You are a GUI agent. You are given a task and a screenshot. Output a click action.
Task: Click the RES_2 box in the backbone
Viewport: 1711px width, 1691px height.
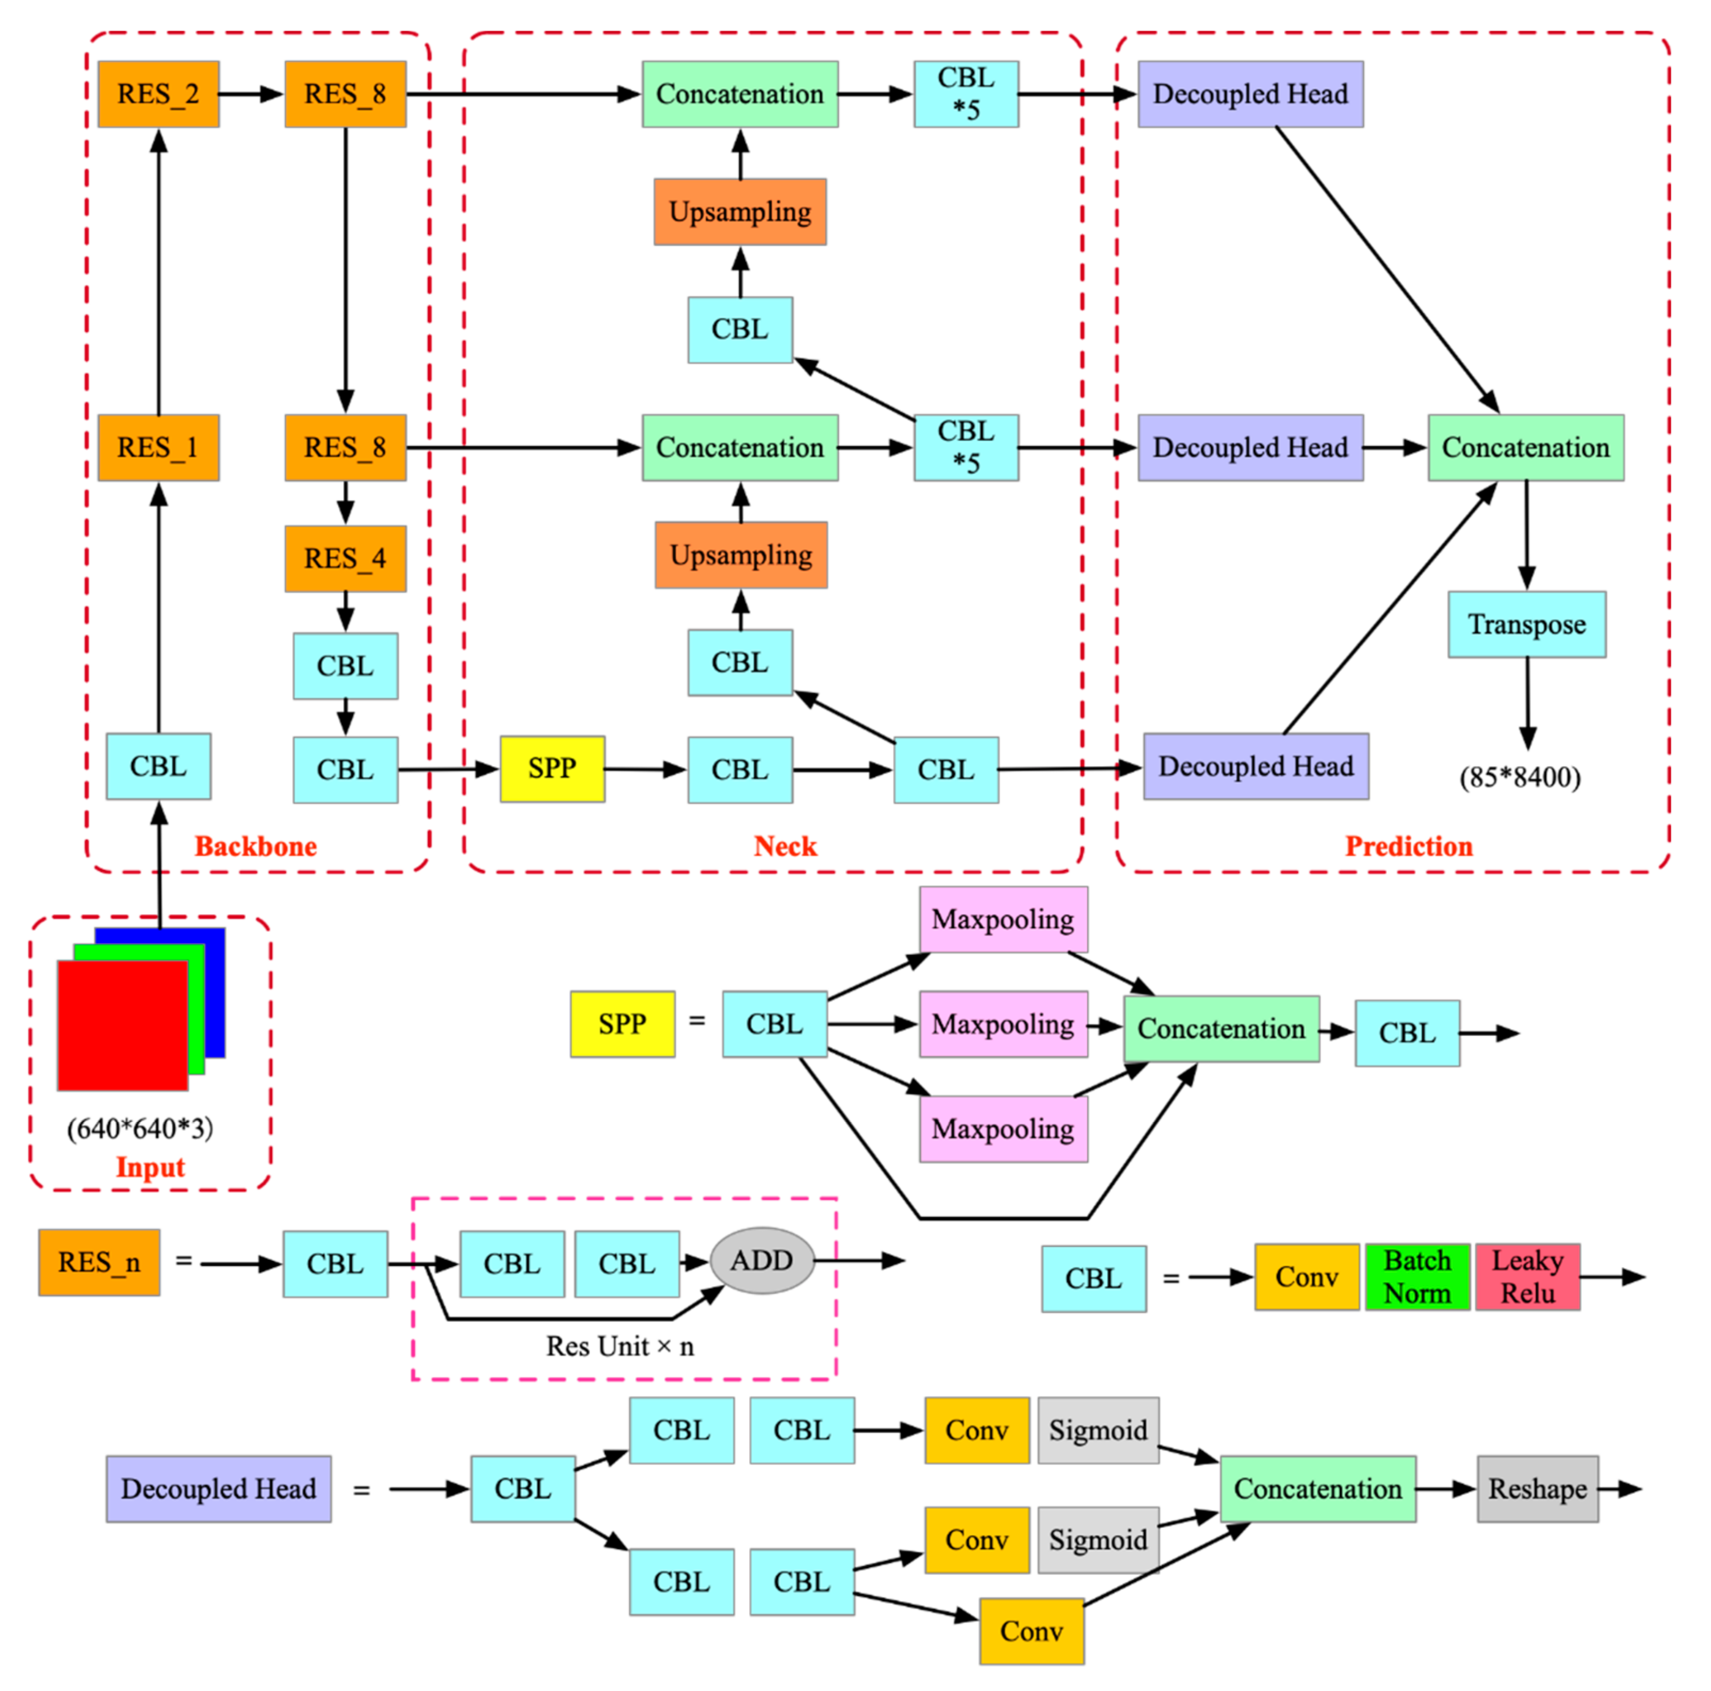[x=159, y=94]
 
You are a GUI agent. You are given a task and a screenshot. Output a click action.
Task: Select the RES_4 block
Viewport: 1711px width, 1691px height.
[x=345, y=559]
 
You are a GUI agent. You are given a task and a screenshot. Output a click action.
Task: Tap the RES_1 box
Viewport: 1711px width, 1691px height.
[x=159, y=448]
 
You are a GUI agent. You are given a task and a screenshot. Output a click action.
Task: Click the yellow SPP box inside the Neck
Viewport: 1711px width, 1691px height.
[x=552, y=769]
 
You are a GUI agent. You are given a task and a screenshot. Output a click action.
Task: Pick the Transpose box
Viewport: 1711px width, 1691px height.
[x=1527, y=624]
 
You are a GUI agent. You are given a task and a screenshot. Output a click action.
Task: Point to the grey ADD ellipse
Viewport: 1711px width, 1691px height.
[x=762, y=1261]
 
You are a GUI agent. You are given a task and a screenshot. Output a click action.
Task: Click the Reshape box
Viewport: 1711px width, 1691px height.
[x=1537, y=1489]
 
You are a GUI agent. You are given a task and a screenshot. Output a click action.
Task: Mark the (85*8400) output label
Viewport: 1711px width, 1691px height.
[x=1520, y=778]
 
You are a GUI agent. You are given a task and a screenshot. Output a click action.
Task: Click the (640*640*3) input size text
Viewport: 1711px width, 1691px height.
[x=140, y=1128]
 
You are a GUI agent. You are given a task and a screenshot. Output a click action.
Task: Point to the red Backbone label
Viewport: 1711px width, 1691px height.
[x=256, y=846]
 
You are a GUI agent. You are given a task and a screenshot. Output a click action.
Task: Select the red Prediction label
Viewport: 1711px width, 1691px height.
[x=1409, y=846]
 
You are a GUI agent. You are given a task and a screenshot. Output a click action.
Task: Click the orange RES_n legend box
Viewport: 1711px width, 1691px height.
[x=99, y=1262]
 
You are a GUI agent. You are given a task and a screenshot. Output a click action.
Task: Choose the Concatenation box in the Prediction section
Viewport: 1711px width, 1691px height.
[x=1526, y=448]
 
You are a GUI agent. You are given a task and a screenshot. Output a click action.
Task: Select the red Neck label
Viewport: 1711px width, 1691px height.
[x=786, y=846]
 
